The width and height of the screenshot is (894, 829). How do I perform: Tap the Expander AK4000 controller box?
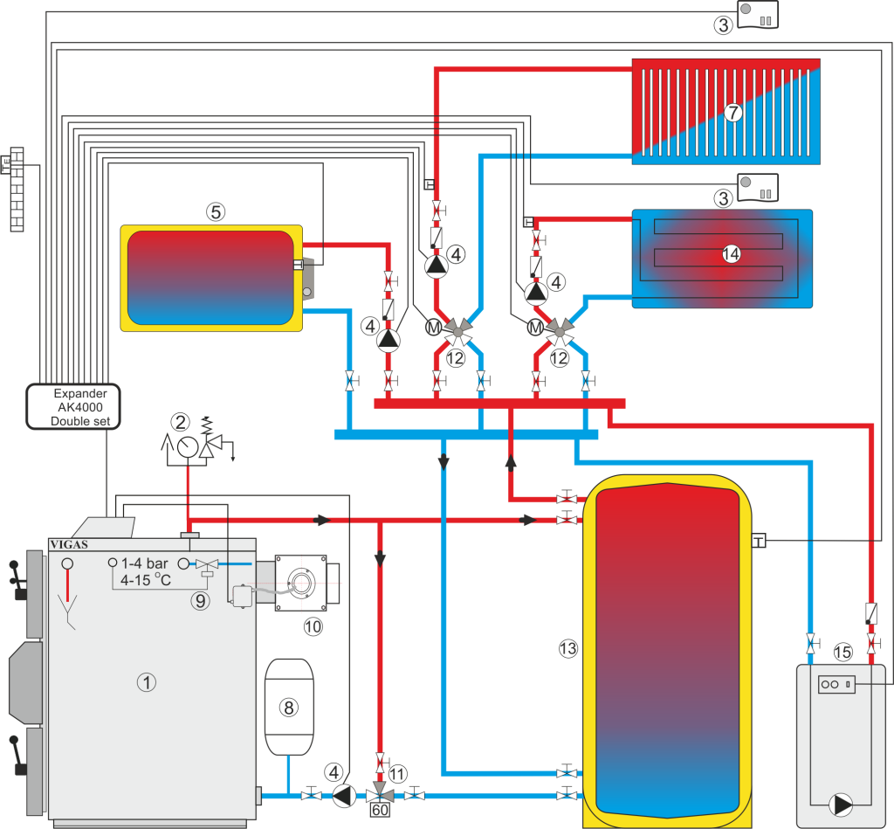coord(72,407)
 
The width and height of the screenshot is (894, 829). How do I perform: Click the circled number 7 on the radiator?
coord(732,112)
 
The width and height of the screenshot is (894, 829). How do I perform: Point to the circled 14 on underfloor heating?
coord(731,254)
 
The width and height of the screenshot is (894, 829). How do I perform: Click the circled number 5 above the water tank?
coord(216,211)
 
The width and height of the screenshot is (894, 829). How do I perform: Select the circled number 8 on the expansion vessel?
coord(288,708)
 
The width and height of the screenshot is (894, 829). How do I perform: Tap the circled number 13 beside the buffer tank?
coord(568,648)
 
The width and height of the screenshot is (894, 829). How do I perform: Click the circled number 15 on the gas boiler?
coord(842,652)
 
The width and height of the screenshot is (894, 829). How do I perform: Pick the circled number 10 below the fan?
coord(312,625)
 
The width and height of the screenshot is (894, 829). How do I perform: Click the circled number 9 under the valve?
coord(202,600)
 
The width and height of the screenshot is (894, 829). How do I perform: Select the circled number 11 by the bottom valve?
coord(398,773)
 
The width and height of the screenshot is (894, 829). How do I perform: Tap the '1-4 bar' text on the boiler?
coord(145,563)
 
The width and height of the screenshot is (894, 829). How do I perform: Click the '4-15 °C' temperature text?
coord(145,579)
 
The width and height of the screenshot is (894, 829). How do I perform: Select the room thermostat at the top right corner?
coord(759,13)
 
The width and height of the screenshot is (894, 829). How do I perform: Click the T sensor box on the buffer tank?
coord(757,542)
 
